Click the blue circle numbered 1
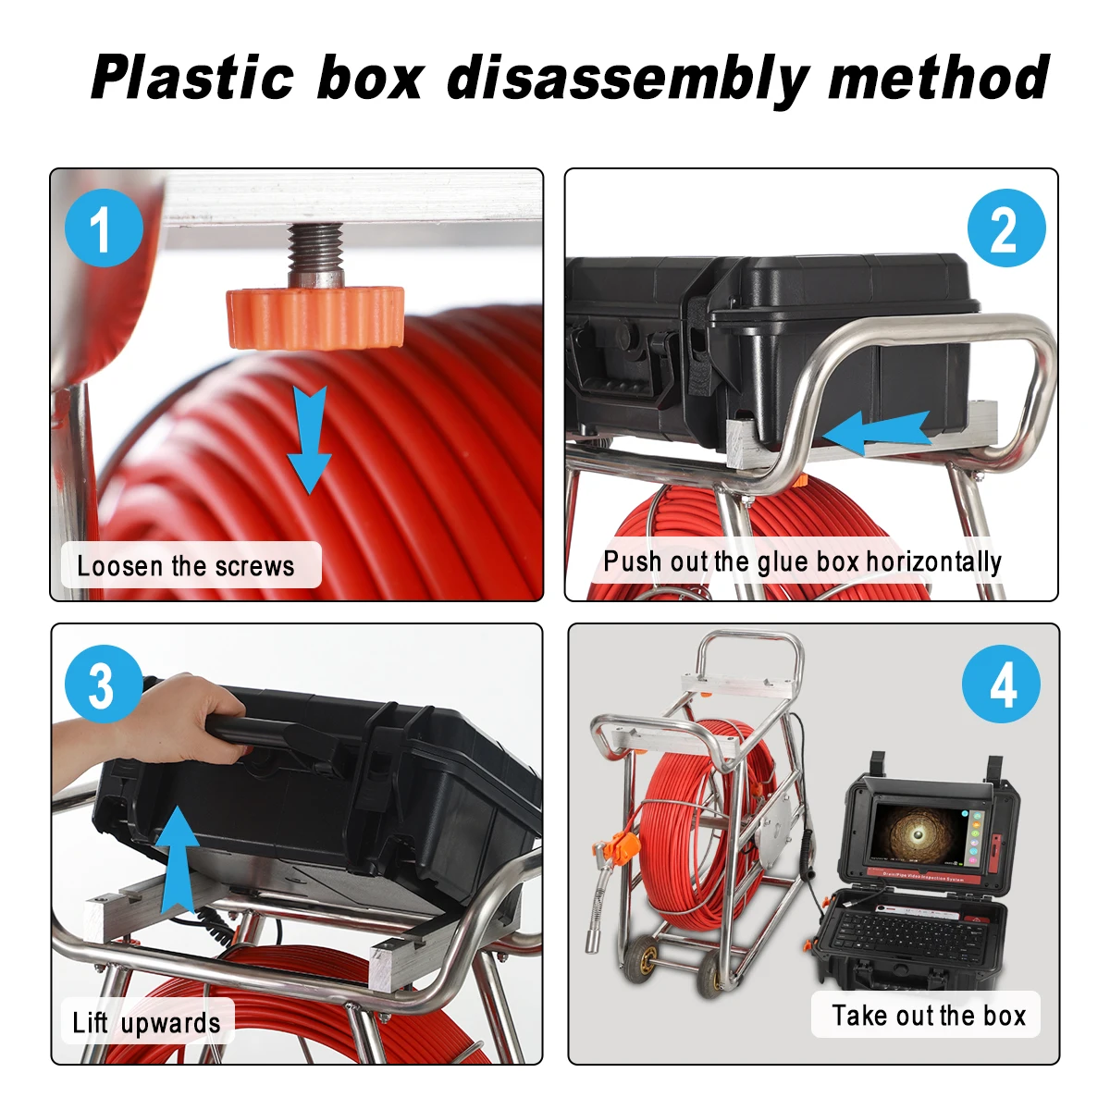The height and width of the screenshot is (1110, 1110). tap(104, 228)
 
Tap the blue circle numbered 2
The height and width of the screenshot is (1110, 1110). tap(1005, 228)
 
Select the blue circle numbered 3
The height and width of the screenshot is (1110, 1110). tap(103, 684)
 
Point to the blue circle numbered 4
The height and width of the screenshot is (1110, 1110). tap(1001, 684)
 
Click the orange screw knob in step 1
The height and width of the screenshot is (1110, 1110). tap(315, 315)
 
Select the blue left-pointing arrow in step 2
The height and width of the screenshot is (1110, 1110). tap(874, 432)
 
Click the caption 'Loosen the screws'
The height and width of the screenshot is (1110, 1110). tap(186, 565)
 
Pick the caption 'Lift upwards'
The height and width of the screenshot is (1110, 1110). tap(146, 1022)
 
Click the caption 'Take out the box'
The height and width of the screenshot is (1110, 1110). tap(928, 1015)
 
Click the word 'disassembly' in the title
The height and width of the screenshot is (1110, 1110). tap(626, 78)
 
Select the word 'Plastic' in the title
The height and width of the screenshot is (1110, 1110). tap(192, 77)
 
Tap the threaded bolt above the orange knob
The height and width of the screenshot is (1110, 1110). tap(314, 253)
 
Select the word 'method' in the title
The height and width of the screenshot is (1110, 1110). tap(938, 77)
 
